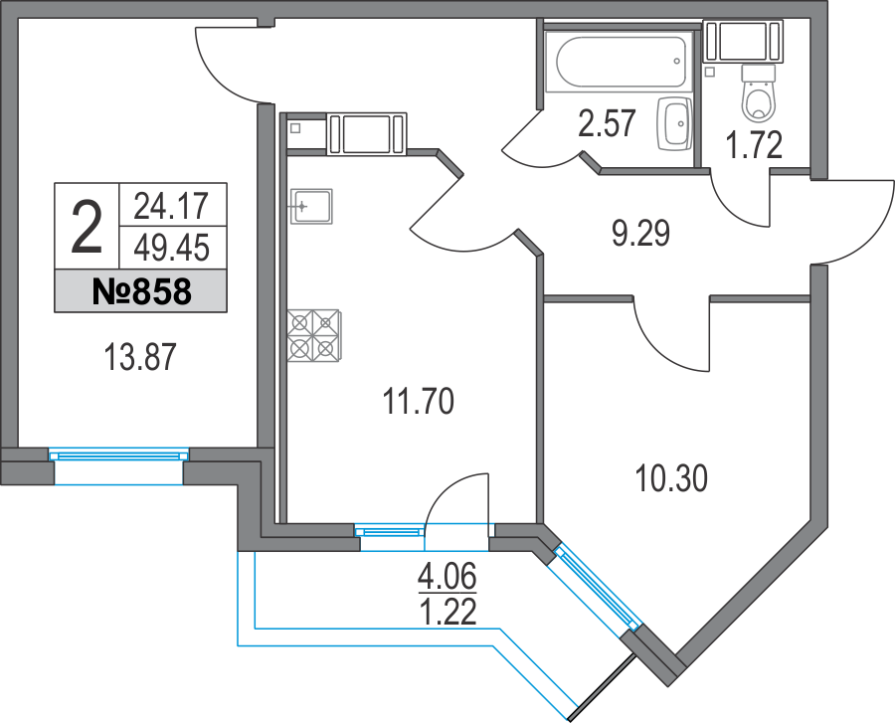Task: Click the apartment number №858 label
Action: coord(141,291)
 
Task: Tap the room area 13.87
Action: coord(140,357)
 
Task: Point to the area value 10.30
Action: coord(670,478)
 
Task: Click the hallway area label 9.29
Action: coord(640,233)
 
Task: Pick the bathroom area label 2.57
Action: coord(607,124)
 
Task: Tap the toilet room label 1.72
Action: coord(754,145)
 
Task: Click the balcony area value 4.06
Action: coord(447,576)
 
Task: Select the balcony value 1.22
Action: coord(447,613)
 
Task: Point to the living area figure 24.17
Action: coord(172,206)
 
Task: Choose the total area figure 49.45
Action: coord(172,249)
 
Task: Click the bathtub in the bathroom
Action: coord(619,61)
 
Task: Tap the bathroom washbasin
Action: coord(674,124)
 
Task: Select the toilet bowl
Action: coord(759,93)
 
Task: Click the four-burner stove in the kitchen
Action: coord(314,336)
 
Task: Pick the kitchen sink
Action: coord(310,207)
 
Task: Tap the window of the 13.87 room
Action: coord(118,455)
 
